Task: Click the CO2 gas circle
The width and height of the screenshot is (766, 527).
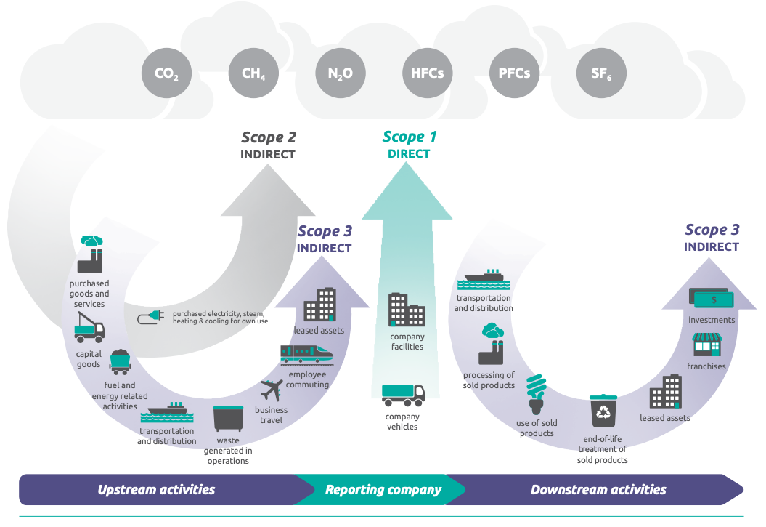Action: coord(166,73)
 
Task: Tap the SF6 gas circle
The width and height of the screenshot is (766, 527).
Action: coord(601,73)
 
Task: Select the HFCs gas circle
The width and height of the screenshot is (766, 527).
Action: coord(427,73)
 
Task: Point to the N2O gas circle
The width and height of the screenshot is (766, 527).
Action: coord(341,73)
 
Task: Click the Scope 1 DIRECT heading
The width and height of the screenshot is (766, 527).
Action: coord(409,145)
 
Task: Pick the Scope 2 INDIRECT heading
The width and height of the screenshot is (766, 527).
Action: coord(268,145)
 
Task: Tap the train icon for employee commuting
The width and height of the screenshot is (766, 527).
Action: coord(306,354)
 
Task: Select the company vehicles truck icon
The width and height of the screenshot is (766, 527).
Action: coord(403,395)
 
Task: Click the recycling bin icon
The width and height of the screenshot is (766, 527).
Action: coord(603,411)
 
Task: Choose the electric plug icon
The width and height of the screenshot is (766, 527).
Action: coord(152,317)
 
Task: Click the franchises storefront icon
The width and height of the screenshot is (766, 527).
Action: coord(706,345)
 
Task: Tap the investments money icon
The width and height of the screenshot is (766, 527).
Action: coord(712,299)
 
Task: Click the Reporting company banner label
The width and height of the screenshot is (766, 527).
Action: coord(383,490)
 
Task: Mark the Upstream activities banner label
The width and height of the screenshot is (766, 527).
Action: coord(156,490)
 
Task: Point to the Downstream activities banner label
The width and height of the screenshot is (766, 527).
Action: coord(598,490)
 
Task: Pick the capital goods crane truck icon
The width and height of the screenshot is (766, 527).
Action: coord(89,326)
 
